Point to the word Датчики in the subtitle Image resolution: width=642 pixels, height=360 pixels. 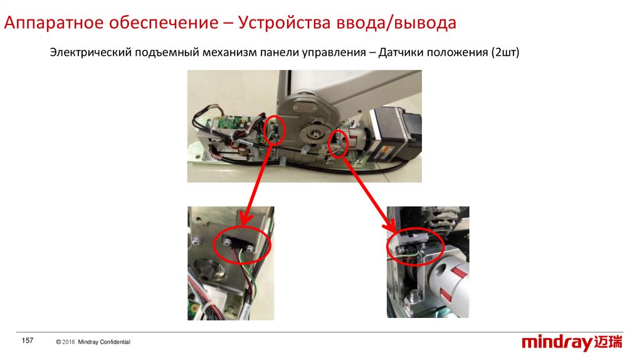pos(401,53)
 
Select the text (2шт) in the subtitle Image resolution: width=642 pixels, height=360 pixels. pos(505,53)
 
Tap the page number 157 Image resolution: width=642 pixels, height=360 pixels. pos(28,341)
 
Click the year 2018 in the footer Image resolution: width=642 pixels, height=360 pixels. pos(68,342)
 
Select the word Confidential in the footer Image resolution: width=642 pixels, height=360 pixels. pos(115,342)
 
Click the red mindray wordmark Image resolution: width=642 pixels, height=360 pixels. pos(557,342)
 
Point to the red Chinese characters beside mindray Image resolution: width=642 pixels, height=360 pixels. pos(608,342)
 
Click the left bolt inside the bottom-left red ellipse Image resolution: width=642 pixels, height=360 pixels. pos(227,242)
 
